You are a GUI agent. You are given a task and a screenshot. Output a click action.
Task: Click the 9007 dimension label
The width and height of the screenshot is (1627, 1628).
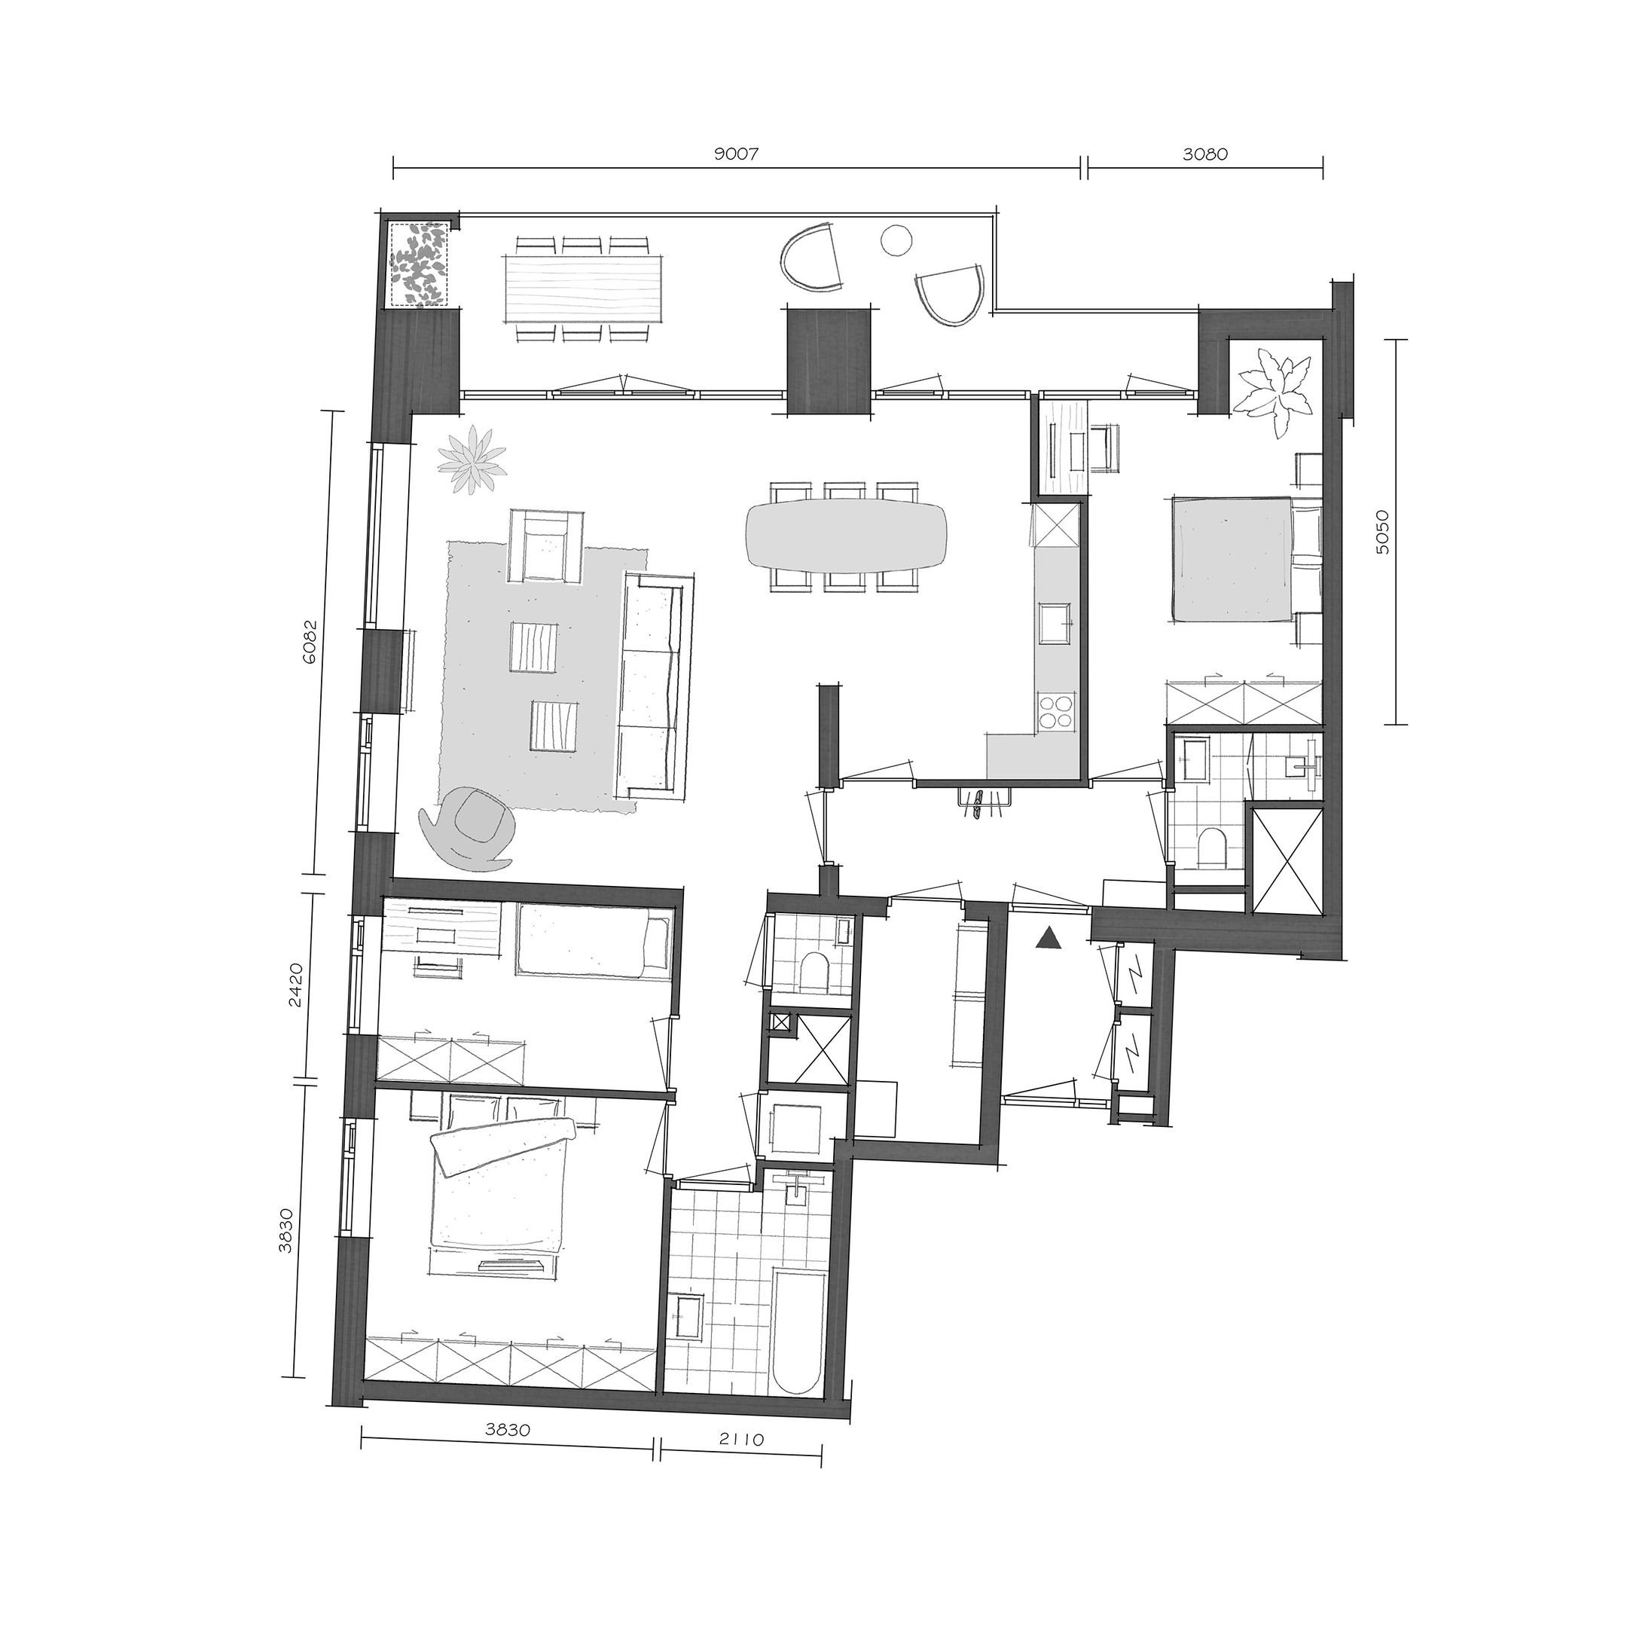(737, 154)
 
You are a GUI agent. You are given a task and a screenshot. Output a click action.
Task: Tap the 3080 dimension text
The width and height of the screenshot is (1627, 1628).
(1205, 154)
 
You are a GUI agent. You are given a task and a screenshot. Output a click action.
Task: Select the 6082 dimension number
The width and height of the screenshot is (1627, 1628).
(310, 643)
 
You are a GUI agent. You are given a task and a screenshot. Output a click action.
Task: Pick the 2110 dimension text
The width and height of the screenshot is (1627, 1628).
(741, 1440)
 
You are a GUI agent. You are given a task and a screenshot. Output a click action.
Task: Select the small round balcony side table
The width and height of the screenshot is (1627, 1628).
(896, 240)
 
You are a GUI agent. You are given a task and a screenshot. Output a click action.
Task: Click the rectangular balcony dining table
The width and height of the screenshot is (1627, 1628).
(584, 287)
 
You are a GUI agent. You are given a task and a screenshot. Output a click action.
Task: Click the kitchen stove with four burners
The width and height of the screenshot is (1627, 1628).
(1056, 710)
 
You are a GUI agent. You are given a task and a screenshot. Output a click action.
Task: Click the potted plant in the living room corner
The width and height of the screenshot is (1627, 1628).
(474, 460)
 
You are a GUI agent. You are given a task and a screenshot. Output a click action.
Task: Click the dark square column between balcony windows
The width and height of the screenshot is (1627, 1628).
(827, 360)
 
